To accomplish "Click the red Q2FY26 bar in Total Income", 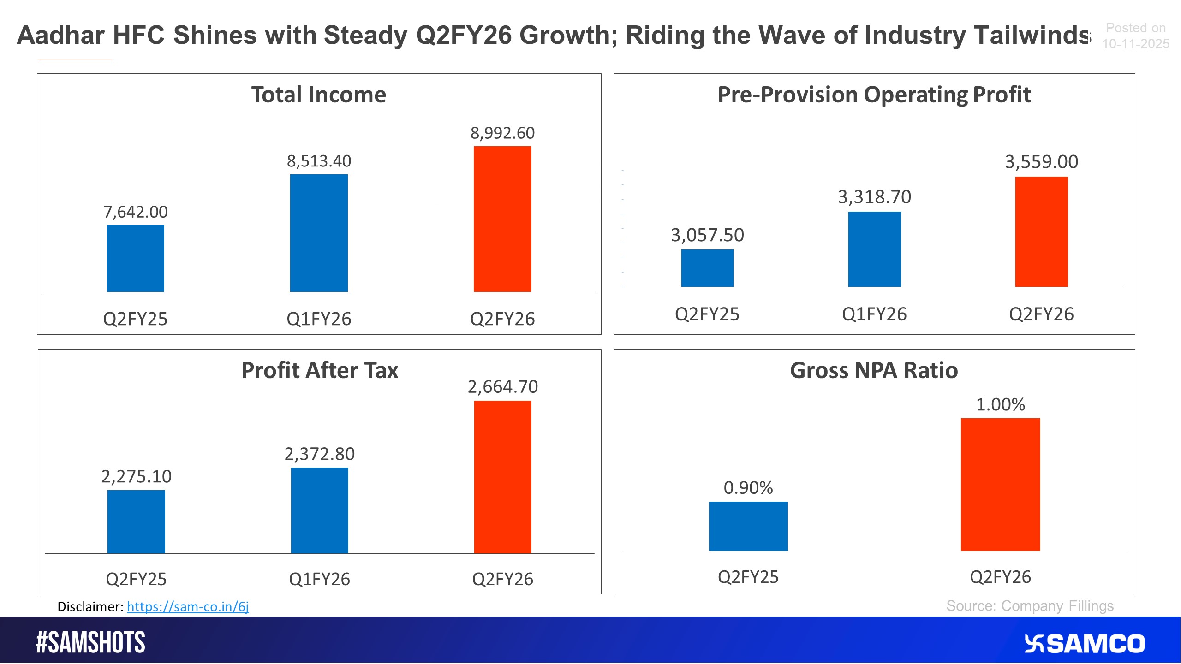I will coord(502,219).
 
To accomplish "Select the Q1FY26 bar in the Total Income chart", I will coord(319,233).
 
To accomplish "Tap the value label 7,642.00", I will coord(136,212).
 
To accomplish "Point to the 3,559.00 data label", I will coord(1041,162).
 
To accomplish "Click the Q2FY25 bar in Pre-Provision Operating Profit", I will coord(707,268).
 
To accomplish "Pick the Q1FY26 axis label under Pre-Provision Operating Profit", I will coord(874,314).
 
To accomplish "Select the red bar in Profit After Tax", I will coord(502,477).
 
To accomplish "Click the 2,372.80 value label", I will coord(319,454).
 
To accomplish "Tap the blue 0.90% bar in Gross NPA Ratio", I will coord(748,526).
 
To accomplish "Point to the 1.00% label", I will coord(1000,405).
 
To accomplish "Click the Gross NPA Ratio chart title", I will coord(874,370).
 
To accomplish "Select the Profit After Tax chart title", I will coord(319,370).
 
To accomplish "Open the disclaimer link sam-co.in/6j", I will coord(188,606).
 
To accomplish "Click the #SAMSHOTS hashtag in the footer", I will coord(90,642).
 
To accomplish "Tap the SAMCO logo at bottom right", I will coord(1084,644).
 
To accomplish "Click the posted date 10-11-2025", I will coord(1136,44).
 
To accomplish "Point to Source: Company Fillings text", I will coord(1030,606).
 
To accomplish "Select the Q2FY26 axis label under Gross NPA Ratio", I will coord(1000,577).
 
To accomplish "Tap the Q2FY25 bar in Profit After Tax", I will coord(136,522).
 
